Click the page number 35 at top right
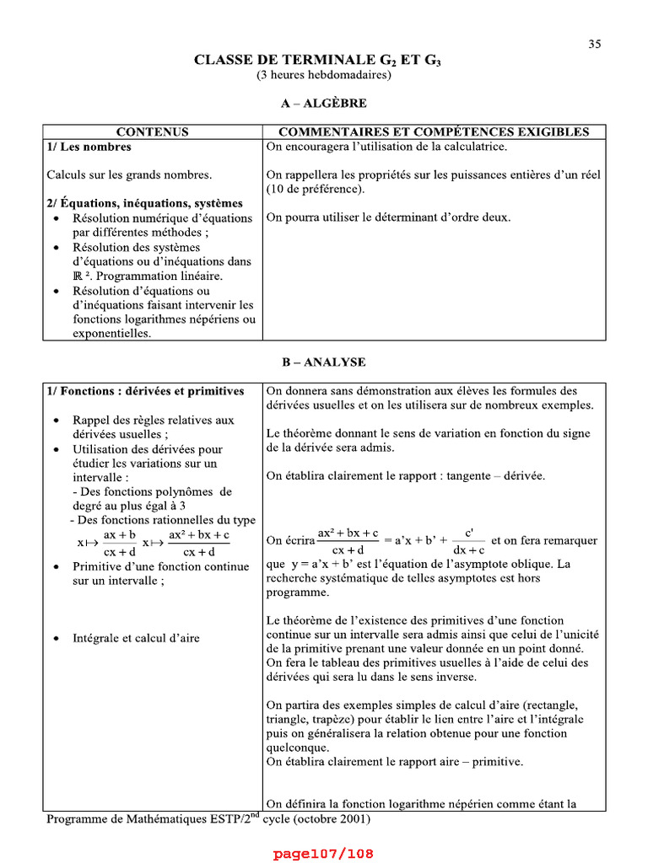pyautogui.click(x=594, y=45)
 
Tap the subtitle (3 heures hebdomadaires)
pyautogui.click(x=324, y=75)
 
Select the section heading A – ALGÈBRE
pyautogui.click(x=324, y=104)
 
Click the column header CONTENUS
pyautogui.click(x=152, y=132)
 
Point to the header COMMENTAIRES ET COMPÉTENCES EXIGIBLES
pyautogui.click(x=434, y=132)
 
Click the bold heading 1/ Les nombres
pyautogui.click(x=89, y=147)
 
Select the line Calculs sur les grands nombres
pyautogui.click(x=129, y=175)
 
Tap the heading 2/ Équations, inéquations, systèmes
pyautogui.click(x=144, y=203)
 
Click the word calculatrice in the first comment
pyautogui.click(x=476, y=147)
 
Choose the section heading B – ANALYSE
pyautogui.click(x=324, y=362)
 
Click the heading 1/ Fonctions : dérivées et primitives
pyautogui.click(x=146, y=391)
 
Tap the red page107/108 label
pyautogui.click(x=323, y=854)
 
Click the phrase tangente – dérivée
pyautogui.click(x=495, y=476)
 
